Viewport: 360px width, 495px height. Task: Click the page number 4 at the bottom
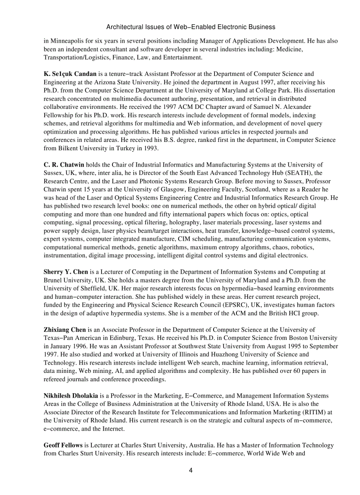191,470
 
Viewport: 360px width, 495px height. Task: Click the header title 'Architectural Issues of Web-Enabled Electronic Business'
191,27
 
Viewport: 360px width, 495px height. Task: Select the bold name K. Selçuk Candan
70,74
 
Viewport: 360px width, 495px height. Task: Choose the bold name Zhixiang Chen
65,329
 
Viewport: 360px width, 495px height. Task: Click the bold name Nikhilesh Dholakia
71,396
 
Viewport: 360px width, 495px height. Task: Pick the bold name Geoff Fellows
63,445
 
